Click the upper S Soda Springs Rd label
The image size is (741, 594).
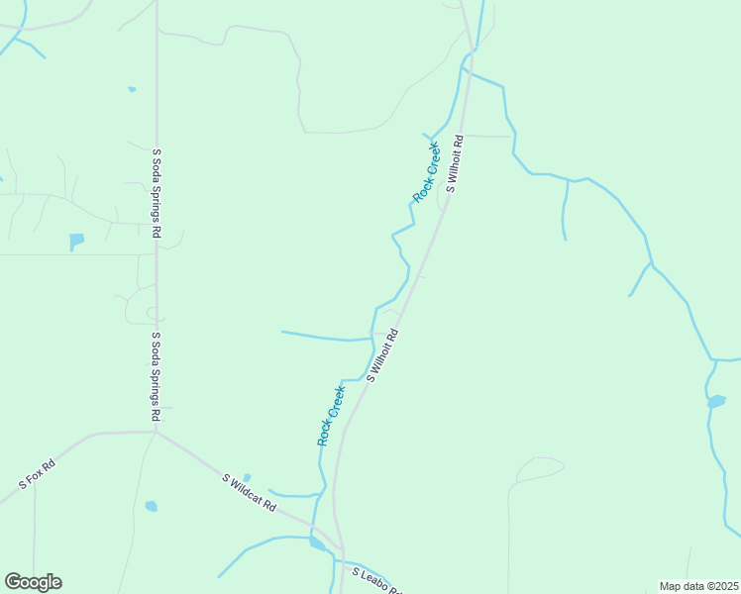(x=157, y=194)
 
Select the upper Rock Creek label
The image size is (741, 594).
(x=426, y=173)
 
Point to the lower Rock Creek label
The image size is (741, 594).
(x=331, y=415)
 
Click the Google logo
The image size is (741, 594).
(x=33, y=582)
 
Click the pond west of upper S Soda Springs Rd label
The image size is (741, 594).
(x=76, y=241)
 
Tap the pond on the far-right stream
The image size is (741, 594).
(x=715, y=401)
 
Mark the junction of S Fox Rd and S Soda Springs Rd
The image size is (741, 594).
(x=156, y=432)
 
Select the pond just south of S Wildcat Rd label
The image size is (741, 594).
(x=151, y=506)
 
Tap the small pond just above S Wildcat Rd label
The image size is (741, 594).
(x=247, y=477)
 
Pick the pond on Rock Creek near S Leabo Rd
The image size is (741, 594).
(x=316, y=543)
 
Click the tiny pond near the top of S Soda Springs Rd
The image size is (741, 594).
(x=132, y=89)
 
